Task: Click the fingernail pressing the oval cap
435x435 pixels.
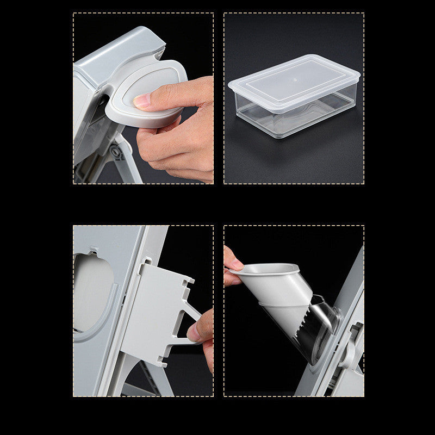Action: pos(142,101)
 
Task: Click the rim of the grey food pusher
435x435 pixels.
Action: pos(272,269)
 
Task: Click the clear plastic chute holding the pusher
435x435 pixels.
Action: pos(321,326)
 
